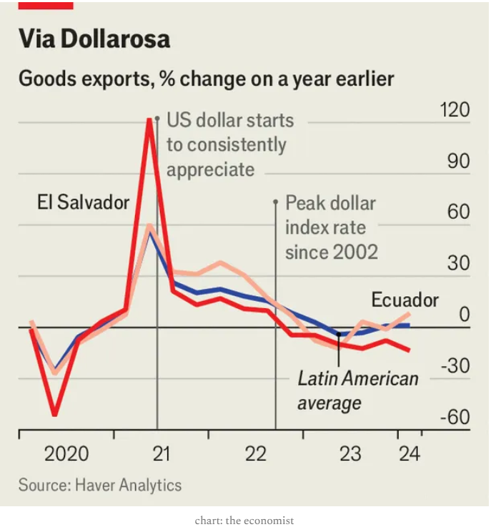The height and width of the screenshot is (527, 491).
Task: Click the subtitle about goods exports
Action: tap(206, 78)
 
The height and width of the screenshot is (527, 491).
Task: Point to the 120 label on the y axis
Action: tap(455, 110)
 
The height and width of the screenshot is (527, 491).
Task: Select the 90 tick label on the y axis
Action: tap(458, 162)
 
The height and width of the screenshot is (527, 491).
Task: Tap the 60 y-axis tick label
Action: tap(458, 212)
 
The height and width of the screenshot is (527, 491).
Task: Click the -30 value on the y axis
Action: tap(455, 366)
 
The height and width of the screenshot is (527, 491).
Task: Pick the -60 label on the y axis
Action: tap(455, 417)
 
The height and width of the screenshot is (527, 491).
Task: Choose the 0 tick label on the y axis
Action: tap(464, 315)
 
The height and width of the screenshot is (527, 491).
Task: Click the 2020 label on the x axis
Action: tap(66, 453)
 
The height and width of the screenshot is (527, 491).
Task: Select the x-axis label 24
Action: tap(410, 453)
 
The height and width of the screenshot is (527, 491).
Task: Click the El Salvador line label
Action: tap(83, 202)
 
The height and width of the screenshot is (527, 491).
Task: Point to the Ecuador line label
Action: tap(405, 300)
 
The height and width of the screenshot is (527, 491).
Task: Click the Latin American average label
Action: tap(357, 390)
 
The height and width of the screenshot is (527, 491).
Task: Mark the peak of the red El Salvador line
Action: tap(149, 119)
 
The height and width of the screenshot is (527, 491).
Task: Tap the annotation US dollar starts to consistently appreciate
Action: tap(229, 144)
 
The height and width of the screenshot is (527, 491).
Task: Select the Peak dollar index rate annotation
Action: tap(331, 227)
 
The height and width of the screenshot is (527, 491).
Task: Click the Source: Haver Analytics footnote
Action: tap(100, 485)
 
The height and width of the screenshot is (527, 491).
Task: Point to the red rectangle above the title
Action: tap(46, 4)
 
